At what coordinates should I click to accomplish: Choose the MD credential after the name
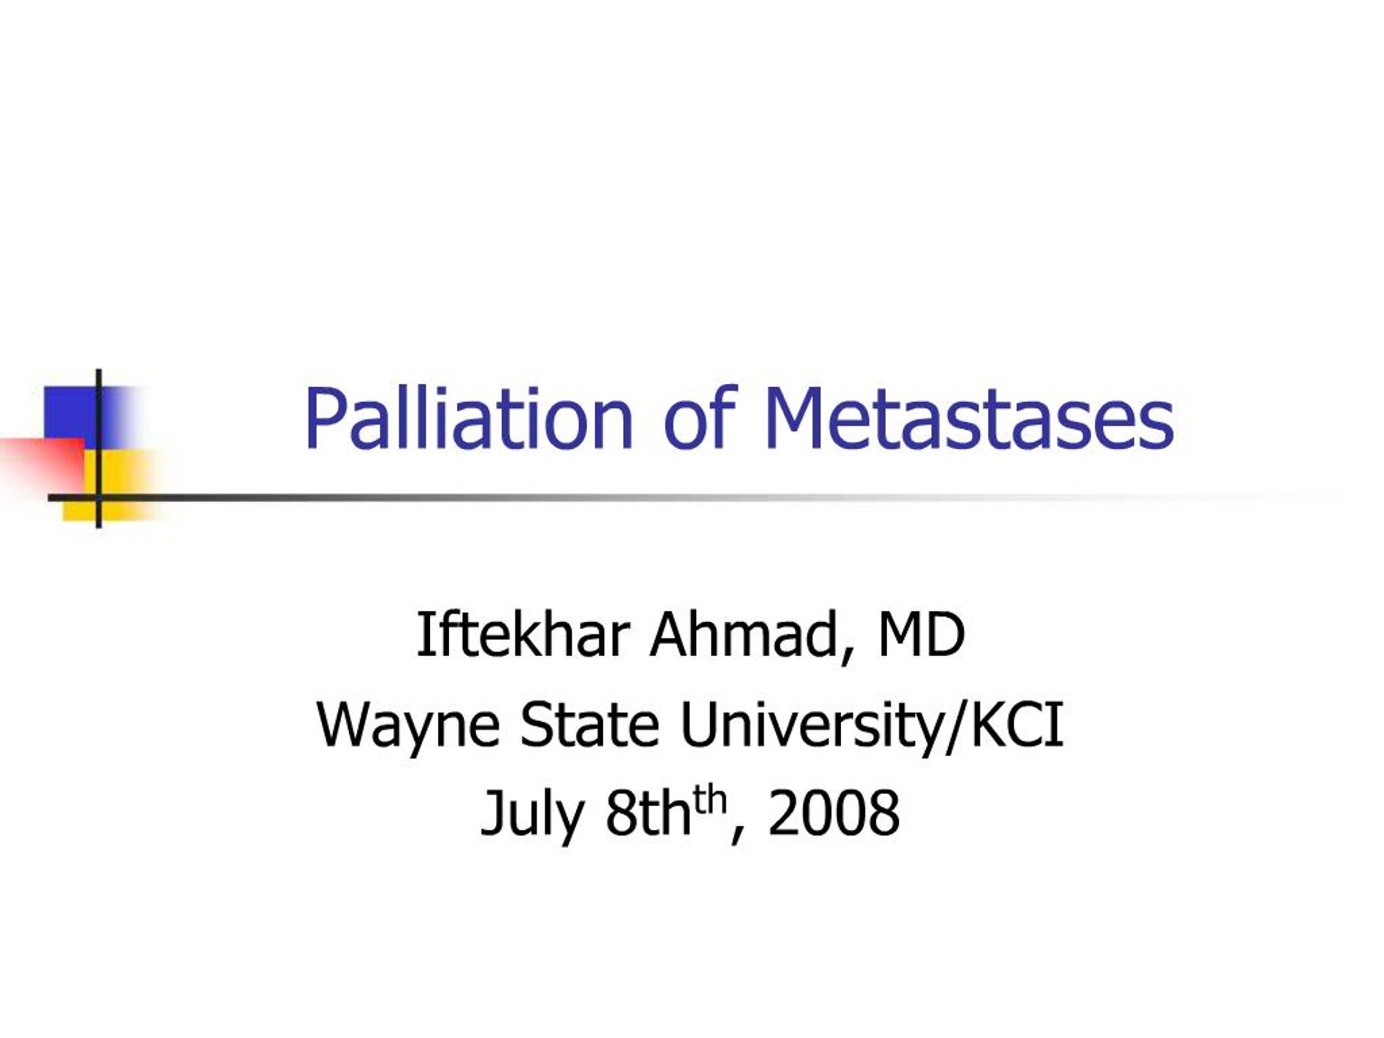(921, 635)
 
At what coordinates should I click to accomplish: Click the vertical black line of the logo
(99, 448)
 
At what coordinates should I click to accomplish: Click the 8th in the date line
(649, 814)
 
